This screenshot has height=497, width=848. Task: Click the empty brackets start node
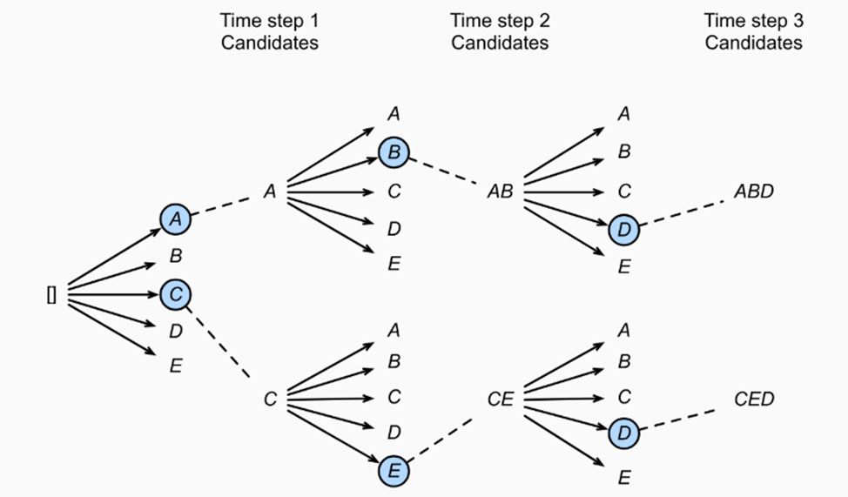51,295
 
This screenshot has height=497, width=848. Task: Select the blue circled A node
176,219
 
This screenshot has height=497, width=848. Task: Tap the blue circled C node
176,295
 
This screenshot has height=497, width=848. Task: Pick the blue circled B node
394,152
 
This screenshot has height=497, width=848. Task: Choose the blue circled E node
394,471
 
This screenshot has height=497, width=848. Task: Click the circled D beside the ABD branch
624,230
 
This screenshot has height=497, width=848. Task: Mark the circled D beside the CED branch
624,433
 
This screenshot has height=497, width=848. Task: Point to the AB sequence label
501,191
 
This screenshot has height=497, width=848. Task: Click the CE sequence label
501,400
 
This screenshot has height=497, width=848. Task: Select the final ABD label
754,191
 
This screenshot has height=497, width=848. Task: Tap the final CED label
754,400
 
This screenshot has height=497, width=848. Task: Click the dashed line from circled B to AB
443,171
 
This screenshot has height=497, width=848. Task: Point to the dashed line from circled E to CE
440,440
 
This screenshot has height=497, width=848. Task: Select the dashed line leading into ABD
682,213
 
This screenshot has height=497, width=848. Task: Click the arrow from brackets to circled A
115,258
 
